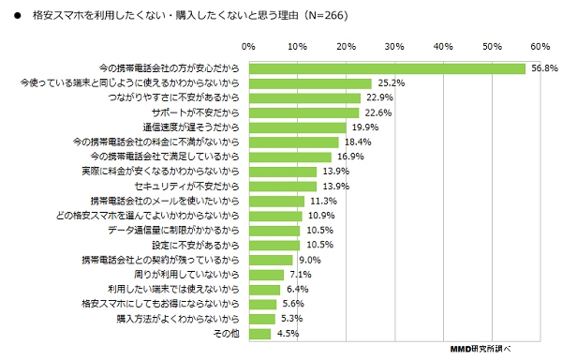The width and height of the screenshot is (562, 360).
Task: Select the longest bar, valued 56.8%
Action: (387, 68)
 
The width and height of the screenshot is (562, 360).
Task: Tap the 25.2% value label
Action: (391, 83)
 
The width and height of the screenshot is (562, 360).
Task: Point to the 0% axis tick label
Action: (248, 45)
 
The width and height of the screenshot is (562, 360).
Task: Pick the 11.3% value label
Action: (323, 201)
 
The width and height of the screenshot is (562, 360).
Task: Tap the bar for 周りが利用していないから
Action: (266, 275)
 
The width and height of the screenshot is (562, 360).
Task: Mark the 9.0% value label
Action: (311, 260)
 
